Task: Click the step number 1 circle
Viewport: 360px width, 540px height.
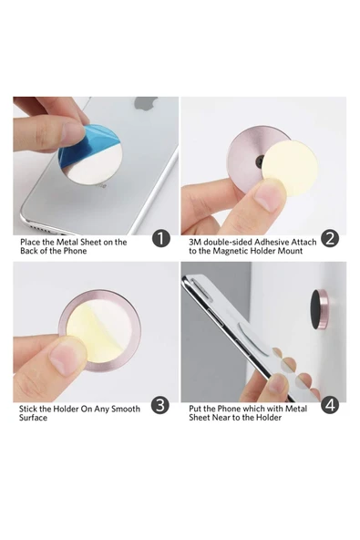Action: pos(161,238)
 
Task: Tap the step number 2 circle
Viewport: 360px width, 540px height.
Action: pos(330,238)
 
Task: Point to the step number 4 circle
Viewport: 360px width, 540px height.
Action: pos(330,405)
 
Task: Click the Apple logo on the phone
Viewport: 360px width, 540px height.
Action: pos(147,103)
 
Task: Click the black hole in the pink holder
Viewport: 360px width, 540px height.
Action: pos(259,160)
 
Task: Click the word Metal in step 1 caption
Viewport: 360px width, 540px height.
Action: pos(67,242)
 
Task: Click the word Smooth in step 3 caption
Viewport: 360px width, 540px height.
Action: pos(125,409)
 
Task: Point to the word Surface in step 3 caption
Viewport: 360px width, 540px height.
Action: pos(33,418)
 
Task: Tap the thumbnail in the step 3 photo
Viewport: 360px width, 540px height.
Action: pos(67,358)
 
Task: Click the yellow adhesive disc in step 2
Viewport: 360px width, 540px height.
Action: pos(292,170)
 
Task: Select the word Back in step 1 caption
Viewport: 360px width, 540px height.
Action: pos(28,251)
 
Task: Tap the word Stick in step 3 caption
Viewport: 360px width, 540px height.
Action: pos(28,409)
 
